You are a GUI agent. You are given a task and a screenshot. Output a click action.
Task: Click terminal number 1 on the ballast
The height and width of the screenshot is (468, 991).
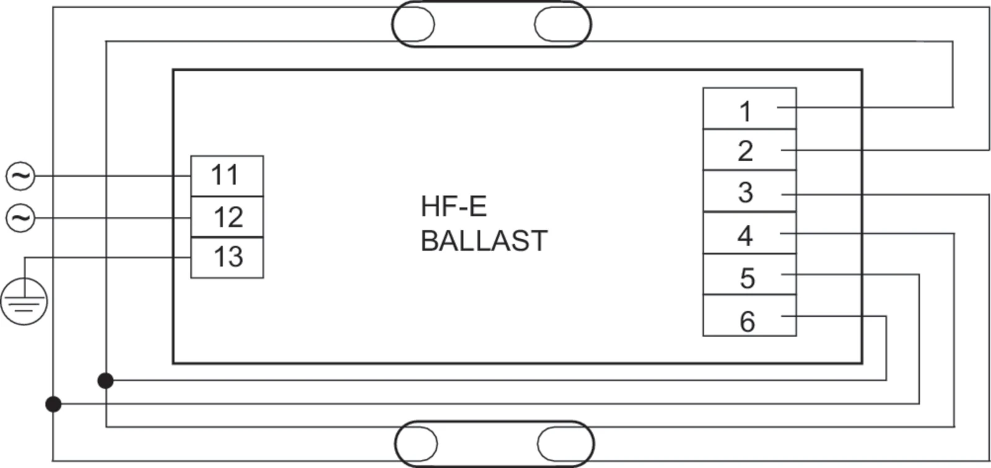749,108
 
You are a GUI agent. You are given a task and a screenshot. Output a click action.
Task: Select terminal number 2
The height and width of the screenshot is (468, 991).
749,149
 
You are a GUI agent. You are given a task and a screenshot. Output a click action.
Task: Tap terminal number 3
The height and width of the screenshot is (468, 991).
749,192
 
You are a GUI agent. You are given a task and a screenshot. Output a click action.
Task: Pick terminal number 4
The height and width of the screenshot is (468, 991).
749,233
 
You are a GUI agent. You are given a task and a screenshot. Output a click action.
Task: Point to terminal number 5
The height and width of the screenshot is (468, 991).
749,274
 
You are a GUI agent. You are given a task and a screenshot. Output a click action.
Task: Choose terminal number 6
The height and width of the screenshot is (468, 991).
749,316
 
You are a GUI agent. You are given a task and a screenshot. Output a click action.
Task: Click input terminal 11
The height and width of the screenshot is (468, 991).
227,176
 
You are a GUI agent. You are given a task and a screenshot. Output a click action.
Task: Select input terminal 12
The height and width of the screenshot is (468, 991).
227,217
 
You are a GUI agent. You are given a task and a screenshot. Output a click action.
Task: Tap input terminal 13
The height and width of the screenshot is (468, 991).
227,258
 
